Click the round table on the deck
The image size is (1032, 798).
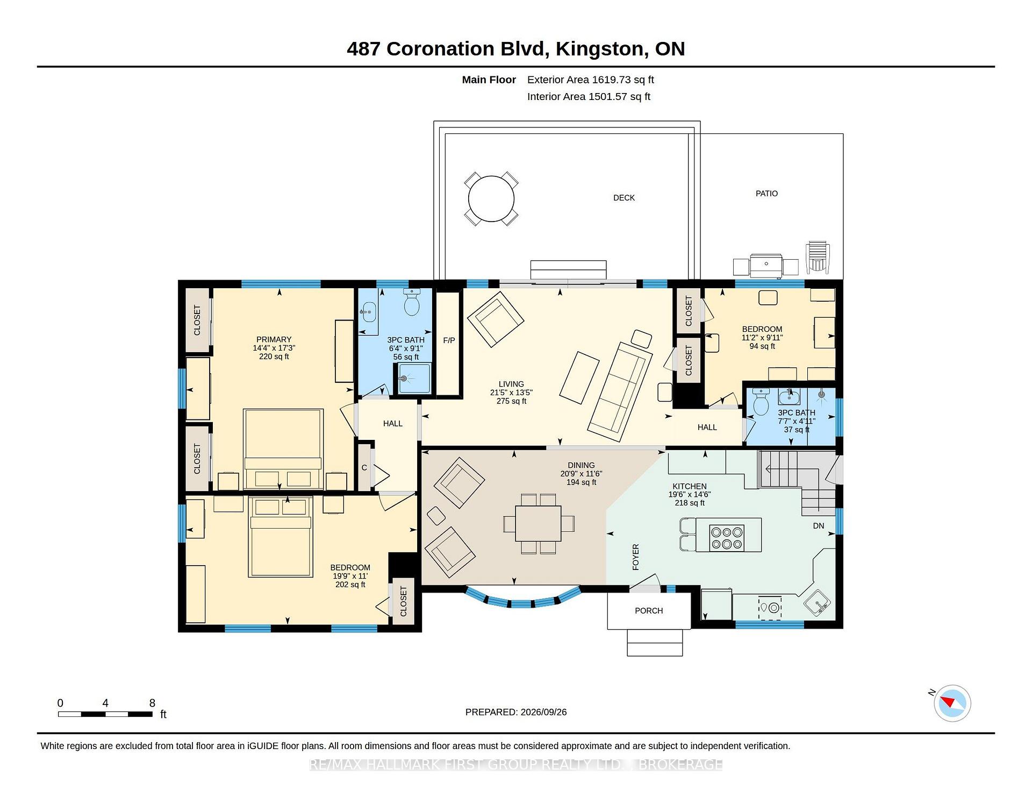[491, 199]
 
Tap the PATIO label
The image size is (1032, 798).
[766, 194]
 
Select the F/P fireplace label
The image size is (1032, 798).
[449, 340]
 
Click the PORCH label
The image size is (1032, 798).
[649, 611]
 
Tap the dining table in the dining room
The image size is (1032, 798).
[538, 523]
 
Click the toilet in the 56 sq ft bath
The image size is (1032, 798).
[412, 302]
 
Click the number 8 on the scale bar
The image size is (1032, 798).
[152, 703]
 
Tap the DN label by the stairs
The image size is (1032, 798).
[818, 526]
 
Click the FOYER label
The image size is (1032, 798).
[636, 557]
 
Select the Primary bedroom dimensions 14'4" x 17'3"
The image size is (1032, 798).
[274, 348]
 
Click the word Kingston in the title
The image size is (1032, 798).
[599, 49]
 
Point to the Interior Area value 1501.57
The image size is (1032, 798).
[608, 97]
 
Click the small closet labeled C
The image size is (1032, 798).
[364, 467]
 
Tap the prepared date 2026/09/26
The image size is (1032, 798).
[543, 712]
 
